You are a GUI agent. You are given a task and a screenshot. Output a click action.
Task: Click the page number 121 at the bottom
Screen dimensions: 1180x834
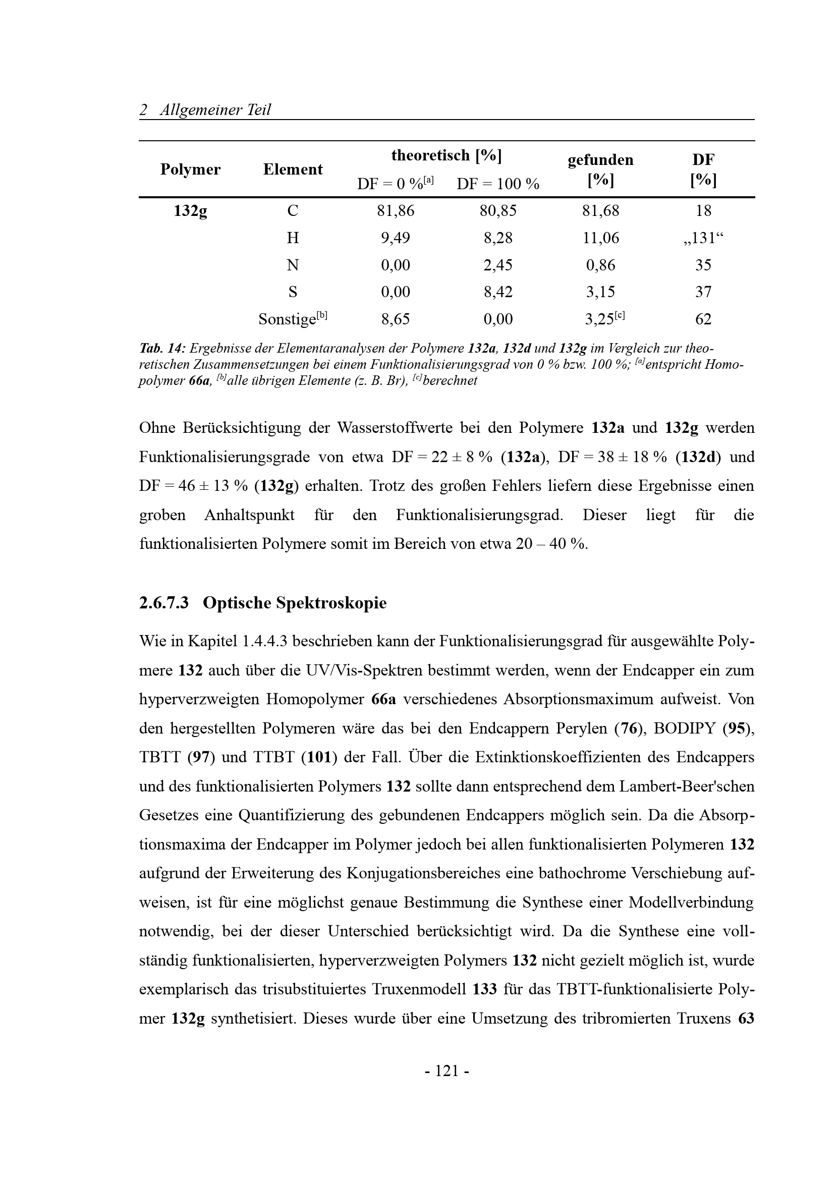pos(447,1071)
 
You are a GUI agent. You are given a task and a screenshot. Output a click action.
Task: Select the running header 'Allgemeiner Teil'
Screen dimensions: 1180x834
pos(215,109)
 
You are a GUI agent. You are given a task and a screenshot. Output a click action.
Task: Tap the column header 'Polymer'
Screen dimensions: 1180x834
pos(190,169)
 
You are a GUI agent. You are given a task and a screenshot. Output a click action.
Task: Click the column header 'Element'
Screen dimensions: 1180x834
pos(293,169)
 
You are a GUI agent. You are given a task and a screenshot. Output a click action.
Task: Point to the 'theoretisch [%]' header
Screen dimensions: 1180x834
pos(446,155)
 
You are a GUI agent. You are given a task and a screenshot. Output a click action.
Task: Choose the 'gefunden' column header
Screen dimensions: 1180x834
pos(600,160)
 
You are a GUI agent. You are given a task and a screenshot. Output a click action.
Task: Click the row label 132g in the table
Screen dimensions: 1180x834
pos(190,211)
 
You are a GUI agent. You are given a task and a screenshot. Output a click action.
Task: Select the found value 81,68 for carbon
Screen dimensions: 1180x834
pos(600,211)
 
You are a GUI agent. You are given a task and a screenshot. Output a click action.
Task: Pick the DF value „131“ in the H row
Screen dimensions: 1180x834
pos(703,238)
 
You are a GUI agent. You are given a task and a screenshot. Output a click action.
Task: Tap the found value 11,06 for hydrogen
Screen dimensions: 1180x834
pos(600,238)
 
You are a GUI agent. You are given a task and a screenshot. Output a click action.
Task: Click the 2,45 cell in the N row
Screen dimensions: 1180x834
pos(497,265)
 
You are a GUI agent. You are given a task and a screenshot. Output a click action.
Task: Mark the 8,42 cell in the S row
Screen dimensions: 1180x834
pos(497,292)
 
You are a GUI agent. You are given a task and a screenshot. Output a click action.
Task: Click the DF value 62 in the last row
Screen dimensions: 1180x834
pos(703,319)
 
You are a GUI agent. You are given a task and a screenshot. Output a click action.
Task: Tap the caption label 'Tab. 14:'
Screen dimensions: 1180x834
pos(162,349)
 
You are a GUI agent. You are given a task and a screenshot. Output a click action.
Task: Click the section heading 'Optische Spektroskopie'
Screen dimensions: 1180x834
pos(295,603)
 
